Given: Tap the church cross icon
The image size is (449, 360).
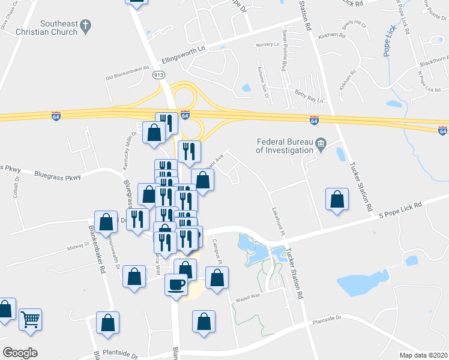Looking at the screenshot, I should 85,26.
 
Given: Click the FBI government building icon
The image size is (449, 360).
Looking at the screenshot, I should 321,142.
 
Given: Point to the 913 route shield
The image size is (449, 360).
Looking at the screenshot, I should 158,74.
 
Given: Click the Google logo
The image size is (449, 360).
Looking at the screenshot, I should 20,353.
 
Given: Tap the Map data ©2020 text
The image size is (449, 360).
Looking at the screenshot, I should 424,355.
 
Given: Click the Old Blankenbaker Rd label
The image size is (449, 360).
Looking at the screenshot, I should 127,73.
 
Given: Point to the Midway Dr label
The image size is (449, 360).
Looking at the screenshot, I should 78,247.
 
